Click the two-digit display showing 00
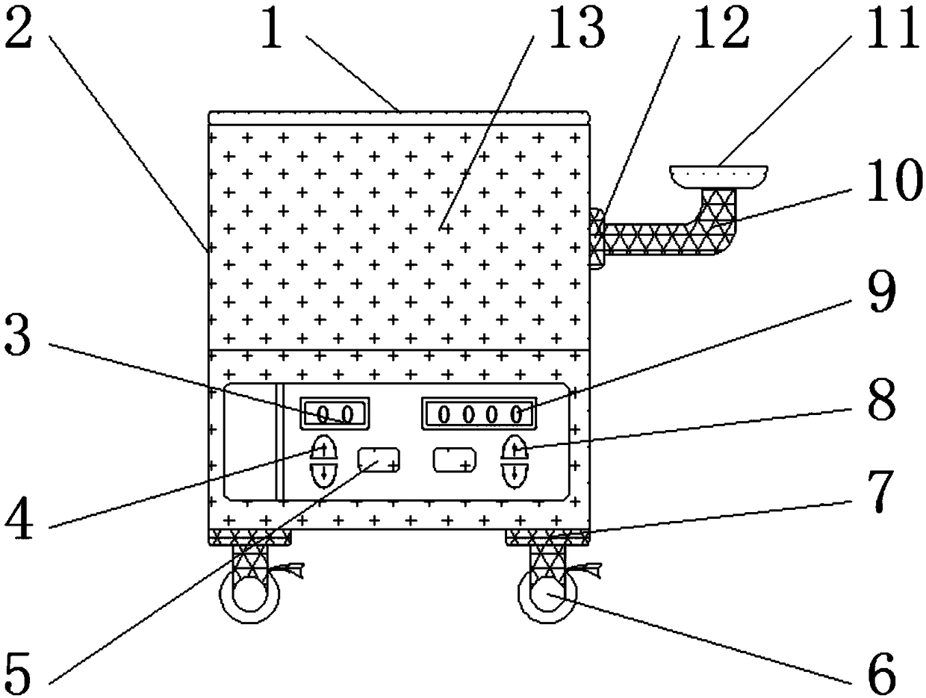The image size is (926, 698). pyautogui.click(x=335, y=413)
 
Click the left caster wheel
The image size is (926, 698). pyautogui.click(x=247, y=598)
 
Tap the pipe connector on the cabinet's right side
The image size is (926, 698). pyautogui.click(x=596, y=238)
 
